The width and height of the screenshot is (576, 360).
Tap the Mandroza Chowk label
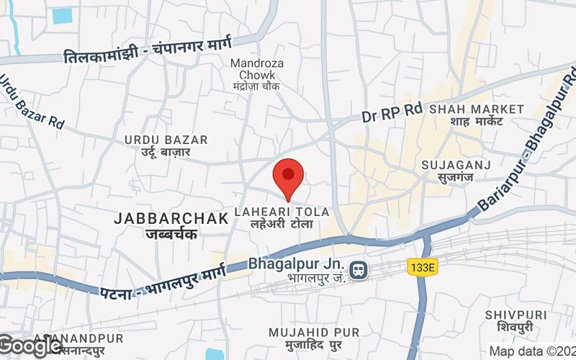[x=256, y=68]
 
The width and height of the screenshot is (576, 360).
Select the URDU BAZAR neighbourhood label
[x=166, y=140]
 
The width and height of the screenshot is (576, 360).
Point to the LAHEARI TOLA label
[x=282, y=212]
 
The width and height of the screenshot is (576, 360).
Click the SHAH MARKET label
[x=477, y=109]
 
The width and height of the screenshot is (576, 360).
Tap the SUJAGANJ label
[x=456, y=165]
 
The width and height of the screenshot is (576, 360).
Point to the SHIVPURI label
[x=516, y=315]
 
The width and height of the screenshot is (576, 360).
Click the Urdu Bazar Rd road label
[x=32, y=100]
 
